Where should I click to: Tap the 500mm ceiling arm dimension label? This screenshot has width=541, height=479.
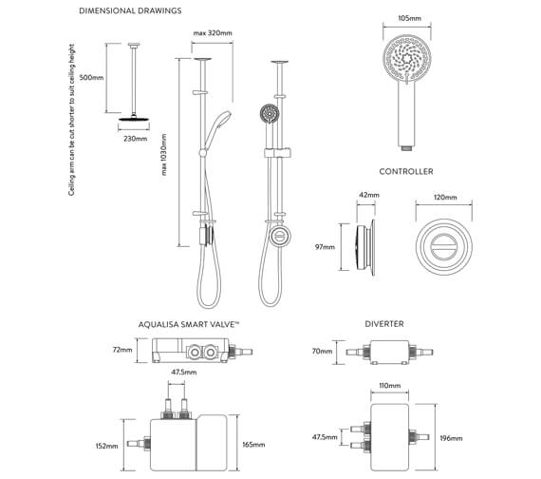click(93, 78)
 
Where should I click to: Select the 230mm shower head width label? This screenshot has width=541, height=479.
click(135, 139)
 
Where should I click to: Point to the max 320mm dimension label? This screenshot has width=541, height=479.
click(214, 33)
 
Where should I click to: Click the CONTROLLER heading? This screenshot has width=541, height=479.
click(406, 171)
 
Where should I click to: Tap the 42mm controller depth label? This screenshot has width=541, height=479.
click(368, 195)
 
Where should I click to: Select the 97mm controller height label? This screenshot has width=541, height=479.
click(324, 248)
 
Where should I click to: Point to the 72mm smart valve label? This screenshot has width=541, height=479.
click(121, 349)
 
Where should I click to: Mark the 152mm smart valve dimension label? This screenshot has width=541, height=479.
click(106, 445)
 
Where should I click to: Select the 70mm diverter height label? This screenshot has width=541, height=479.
click(322, 351)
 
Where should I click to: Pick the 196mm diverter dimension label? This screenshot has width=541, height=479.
click(452, 438)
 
